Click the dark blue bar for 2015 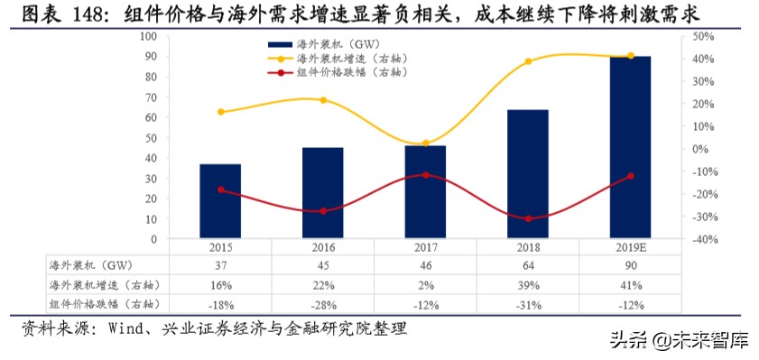tap(220, 202)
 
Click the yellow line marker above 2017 tap(426, 143)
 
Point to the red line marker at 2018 tap(528, 218)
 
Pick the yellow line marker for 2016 tap(323, 100)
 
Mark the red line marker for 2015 tap(220, 189)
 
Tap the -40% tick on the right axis tap(680, 239)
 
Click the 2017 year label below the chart tap(426, 248)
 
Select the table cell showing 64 tap(528, 266)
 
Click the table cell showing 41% tap(631, 284)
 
